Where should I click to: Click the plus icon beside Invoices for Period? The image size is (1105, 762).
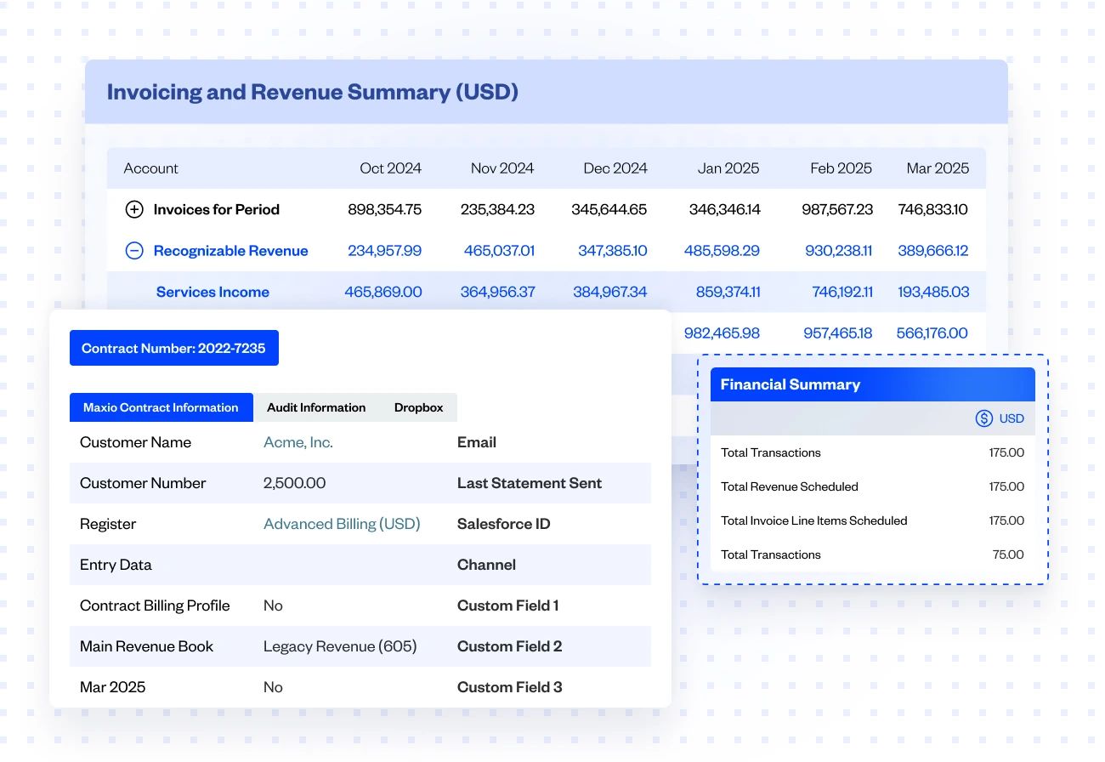coord(134,209)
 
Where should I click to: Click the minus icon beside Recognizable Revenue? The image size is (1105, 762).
coord(134,251)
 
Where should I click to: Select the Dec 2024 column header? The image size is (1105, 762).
coord(615,168)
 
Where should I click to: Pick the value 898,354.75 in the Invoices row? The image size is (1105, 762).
coord(384,209)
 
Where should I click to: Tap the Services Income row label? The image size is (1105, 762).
coord(212,292)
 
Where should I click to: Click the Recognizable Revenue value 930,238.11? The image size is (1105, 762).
coord(838,251)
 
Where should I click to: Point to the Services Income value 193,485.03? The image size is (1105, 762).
coord(933,292)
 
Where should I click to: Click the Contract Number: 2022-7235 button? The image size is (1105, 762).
coord(173,348)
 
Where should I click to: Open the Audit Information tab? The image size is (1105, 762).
coord(316,407)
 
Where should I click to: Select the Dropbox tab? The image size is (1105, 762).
coord(418,407)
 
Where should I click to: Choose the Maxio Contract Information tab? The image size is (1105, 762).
coord(161,407)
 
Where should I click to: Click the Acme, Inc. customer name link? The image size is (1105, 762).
coord(297,442)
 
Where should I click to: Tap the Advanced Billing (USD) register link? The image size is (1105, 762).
coord(342,524)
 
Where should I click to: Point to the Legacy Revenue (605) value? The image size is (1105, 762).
coord(340,646)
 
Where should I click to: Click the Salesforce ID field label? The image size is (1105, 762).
coord(503,524)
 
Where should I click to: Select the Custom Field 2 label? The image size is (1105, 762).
coord(509,646)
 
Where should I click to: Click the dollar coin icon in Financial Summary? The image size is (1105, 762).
coord(984,418)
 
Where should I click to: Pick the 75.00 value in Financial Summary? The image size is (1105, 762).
coord(1008,554)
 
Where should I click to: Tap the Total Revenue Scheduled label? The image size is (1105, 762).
coord(789,486)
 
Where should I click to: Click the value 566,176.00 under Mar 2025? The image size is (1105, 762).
coord(932,333)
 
